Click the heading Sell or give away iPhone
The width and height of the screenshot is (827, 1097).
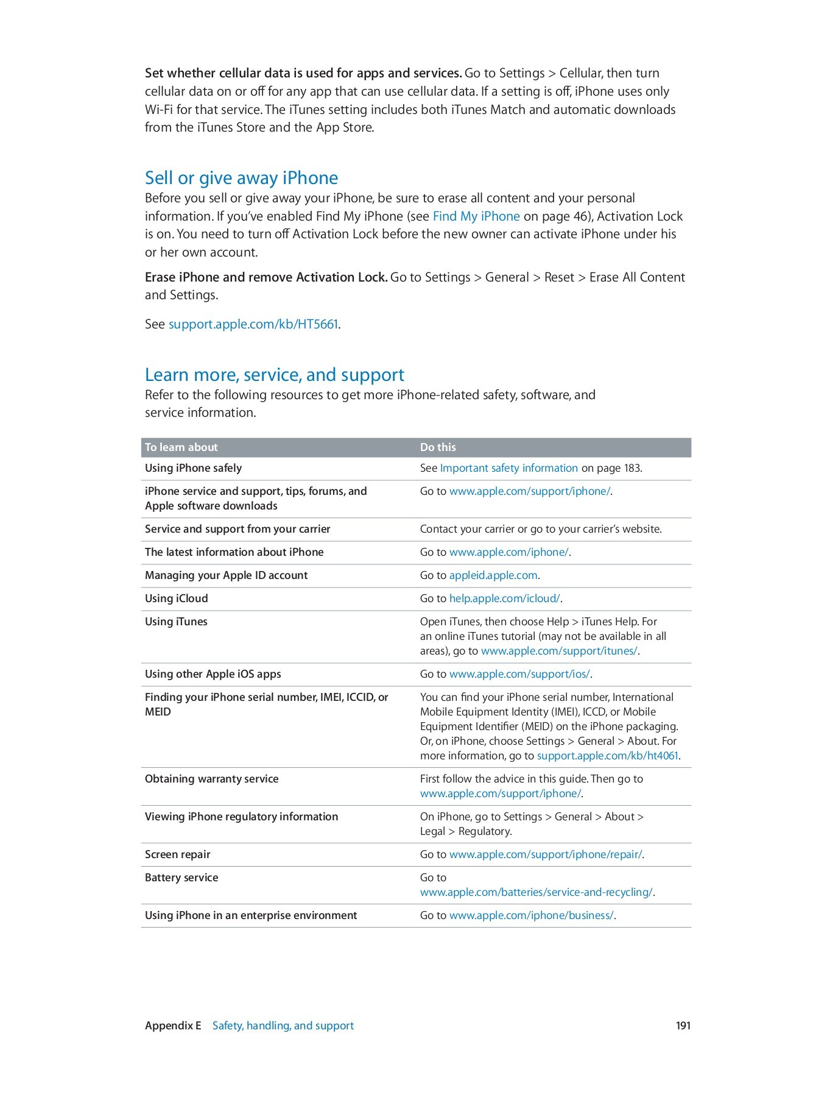(x=241, y=178)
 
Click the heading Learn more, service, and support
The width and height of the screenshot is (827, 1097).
(x=274, y=375)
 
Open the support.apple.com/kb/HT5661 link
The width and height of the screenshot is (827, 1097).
(x=253, y=324)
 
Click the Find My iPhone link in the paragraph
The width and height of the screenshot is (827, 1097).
(x=476, y=216)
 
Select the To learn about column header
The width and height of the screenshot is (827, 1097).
(x=181, y=447)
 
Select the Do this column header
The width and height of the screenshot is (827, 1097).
(x=437, y=447)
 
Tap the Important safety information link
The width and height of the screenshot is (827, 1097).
(x=509, y=468)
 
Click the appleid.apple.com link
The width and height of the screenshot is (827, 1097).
(x=493, y=575)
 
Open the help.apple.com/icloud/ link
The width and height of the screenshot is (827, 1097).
(x=504, y=598)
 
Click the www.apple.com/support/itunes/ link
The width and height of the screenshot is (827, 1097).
(x=558, y=651)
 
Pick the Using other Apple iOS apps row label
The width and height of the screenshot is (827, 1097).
(x=213, y=674)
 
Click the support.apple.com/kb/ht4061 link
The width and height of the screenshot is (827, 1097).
(x=607, y=756)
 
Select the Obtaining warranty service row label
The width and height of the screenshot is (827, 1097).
(x=211, y=779)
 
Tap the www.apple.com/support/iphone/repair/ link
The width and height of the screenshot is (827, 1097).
(x=545, y=854)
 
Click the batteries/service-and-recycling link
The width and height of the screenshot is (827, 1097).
(x=536, y=892)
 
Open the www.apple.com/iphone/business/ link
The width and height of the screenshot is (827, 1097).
(x=531, y=915)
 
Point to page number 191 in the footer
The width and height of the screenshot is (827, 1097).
(x=683, y=1026)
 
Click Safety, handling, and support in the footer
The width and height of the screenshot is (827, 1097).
(x=283, y=1026)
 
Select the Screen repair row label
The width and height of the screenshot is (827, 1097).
(x=177, y=854)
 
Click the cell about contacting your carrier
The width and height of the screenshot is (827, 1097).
(x=540, y=529)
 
